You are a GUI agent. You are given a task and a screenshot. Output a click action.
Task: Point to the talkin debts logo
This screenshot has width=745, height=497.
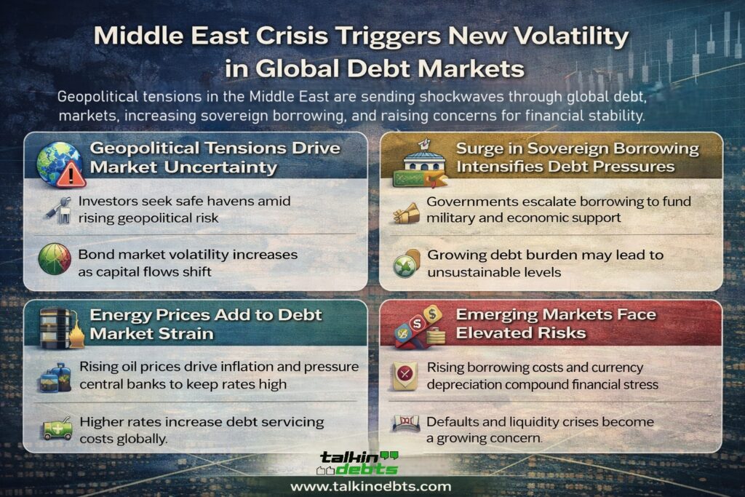tap(359, 463)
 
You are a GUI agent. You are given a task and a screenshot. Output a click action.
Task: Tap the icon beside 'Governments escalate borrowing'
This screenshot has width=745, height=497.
tap(406, 210)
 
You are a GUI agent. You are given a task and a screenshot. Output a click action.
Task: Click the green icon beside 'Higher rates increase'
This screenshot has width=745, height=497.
tap(56, 429)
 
